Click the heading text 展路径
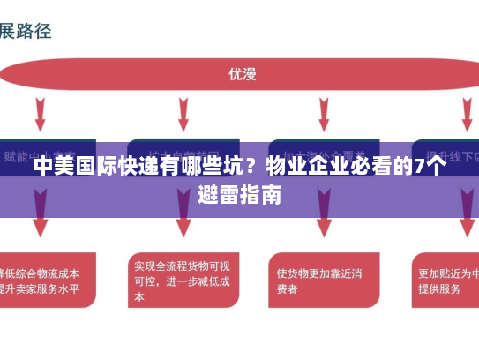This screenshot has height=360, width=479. coord(26,32)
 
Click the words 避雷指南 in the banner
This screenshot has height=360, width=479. coord(240,195)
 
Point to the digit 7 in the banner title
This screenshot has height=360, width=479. coord(417,169)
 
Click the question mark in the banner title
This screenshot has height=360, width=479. coord(251,169)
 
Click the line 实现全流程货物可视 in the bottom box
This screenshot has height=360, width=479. coord(182,265)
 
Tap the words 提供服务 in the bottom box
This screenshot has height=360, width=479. coord(439,289)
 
